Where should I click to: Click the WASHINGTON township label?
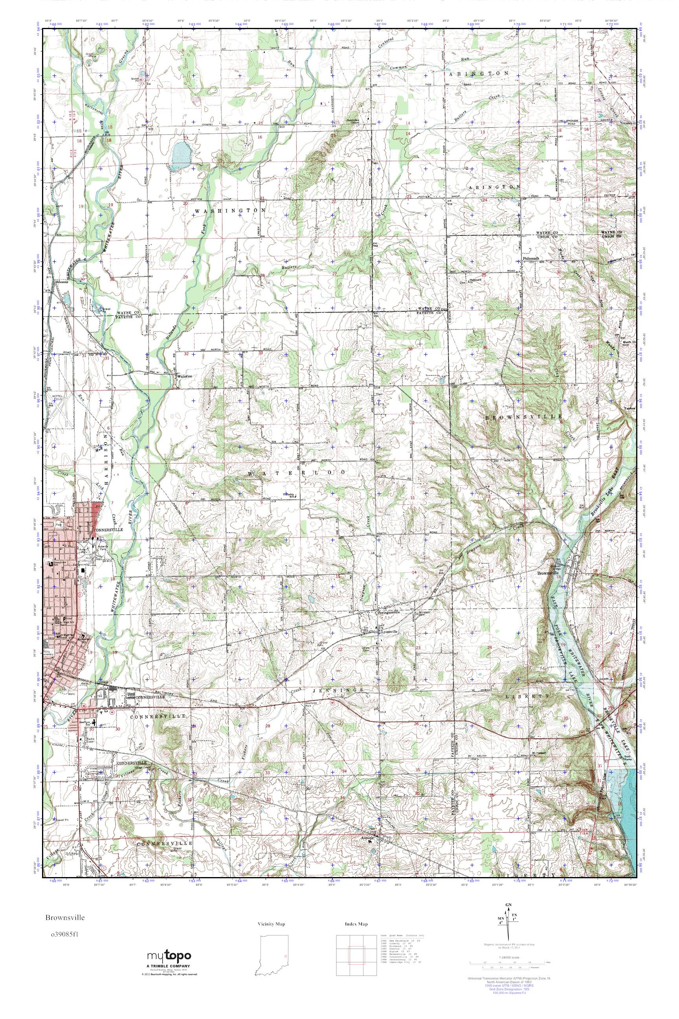[229, 210]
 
